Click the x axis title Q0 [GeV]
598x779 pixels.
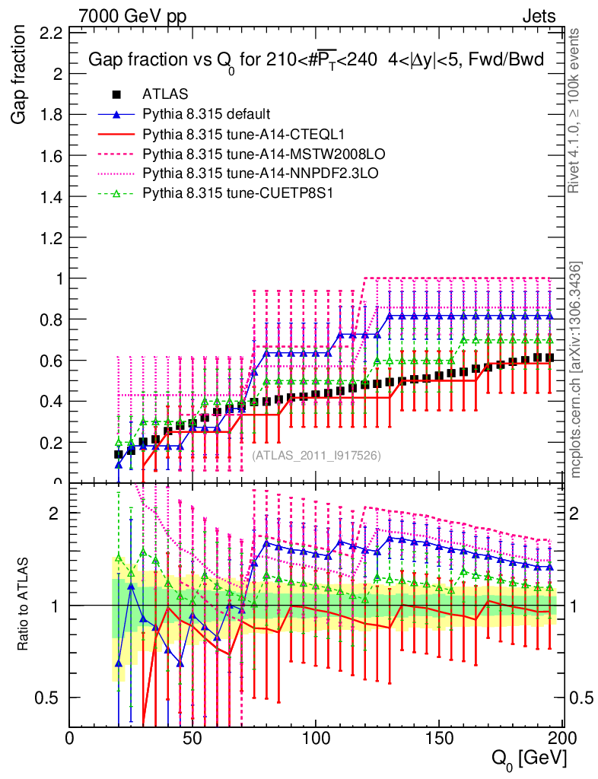pos(526,758)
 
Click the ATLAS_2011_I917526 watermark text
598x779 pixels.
pos(316,455)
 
